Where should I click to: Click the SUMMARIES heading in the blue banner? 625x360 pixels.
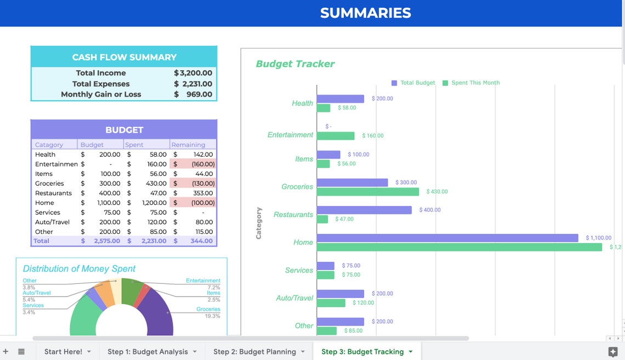pyautogui.click(x=365, y=13)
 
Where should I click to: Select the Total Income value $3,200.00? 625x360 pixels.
pyautogui.click(x=193, y=73)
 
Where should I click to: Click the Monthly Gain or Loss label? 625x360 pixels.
pyautogui.click(x=101, y=94)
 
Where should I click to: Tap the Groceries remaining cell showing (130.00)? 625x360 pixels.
pyautogui.click(x=193, y=184)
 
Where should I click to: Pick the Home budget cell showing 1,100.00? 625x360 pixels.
pyautogui.click(x=101, y=203)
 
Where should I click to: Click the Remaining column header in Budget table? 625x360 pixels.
pyautogui.click(x=188, y=145)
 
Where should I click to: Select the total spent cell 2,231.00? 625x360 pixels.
pyautogui.click(x=147, y=241)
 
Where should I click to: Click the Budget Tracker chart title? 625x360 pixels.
pyautogui.click(x=295, y=64)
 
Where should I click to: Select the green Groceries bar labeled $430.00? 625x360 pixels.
pyautogui.click(x=367, y=192)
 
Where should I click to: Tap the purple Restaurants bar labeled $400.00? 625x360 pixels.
pyautogui.click(x=364, y=210)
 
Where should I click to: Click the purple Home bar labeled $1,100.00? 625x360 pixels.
pyautogui.click(x=447, y=238)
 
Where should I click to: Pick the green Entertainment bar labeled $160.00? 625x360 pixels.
pyautogui.click(x=336, y=136)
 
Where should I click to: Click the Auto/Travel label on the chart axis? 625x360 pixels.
pyautogui.click(x=294, y=298)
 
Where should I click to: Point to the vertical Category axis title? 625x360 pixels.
pyautogui.click(x=259, y=223)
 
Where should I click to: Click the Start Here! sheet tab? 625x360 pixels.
pyautogui.click(x=63, y=352)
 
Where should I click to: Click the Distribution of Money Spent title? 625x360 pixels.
pyautogui.click(x=79, y=268)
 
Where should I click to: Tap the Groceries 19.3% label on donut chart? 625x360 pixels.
pyautogui.click(x=208, y=312)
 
